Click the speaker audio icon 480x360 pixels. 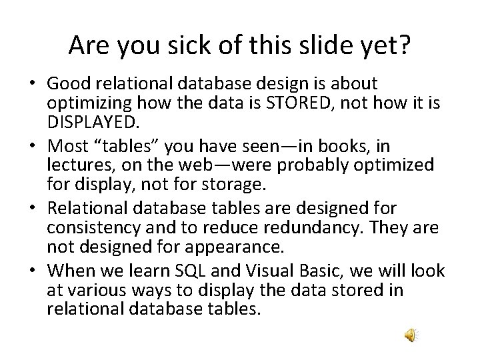[x=411, y=335]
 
